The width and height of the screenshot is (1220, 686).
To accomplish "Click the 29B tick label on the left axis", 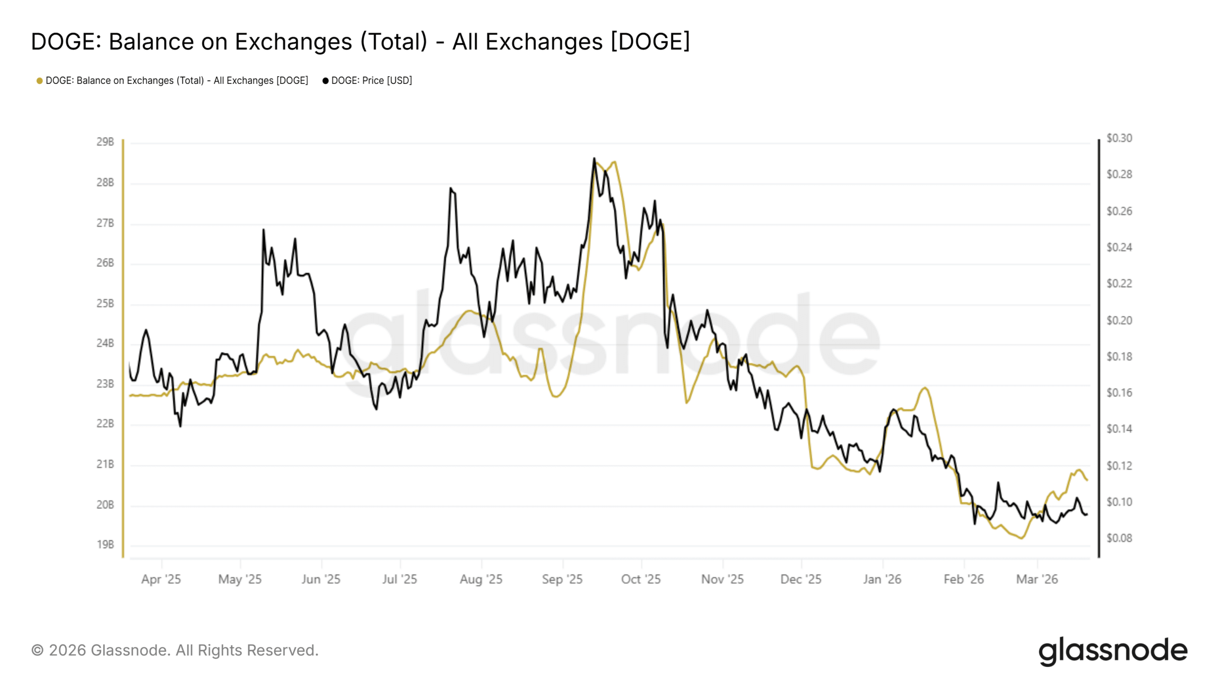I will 105,142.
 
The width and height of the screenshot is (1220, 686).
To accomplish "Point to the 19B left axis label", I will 105,545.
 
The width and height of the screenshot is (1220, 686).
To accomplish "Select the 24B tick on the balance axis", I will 105,343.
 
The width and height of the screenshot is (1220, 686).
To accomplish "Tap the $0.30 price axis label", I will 1119,138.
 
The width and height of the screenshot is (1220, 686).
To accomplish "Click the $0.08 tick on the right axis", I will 1119,538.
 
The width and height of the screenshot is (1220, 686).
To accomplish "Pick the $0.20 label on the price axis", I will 1119,321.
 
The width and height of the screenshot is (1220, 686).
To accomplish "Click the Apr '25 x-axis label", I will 161,579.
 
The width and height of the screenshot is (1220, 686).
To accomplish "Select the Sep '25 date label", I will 562,579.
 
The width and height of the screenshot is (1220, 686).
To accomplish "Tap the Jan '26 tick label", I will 882,579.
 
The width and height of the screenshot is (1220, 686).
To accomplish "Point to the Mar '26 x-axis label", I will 1037,579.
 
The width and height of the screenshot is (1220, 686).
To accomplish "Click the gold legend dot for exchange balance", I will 40,81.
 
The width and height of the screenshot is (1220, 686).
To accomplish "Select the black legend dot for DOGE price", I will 325,81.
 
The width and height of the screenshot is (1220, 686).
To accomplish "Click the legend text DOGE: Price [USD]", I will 372,81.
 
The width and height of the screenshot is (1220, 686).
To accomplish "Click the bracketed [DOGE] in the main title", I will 651,41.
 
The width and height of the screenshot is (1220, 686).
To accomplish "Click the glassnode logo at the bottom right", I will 1113,651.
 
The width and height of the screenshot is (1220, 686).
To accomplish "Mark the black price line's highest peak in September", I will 594,158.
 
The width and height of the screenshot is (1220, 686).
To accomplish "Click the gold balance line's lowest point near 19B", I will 1021,538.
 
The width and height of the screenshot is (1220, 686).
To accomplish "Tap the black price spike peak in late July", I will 450,188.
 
